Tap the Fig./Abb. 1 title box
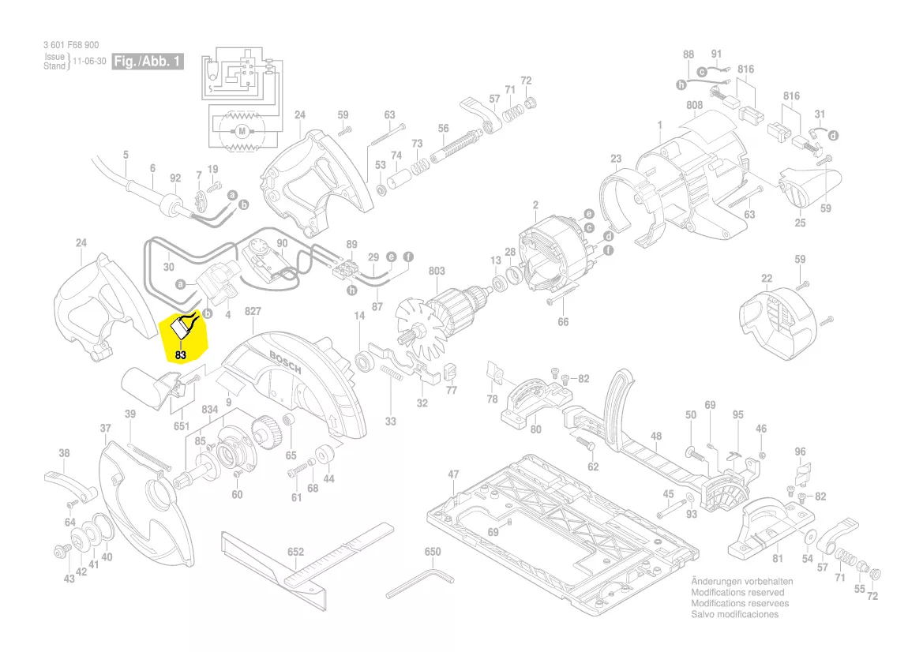(x=148, y=61)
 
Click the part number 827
(x=253, y=312)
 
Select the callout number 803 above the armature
(x=437, y=271)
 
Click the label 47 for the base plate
(x=453, y=474)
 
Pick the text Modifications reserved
(x=737, y=592)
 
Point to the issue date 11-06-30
(x=89, y=62)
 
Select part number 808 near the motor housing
(x=695, y=105)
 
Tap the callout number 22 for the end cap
(x=767, y=278)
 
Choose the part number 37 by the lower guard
(x=105, y=428)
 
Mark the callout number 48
(x=656, y=436)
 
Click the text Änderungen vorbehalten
(x=741, y=581)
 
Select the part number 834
(x=209, y=410)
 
